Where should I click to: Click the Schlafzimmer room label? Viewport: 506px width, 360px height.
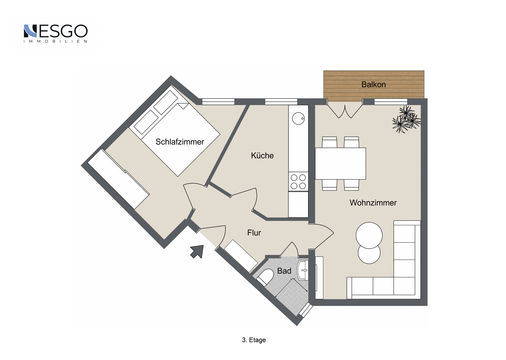point(180,142)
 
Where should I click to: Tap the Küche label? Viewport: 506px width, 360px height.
point(262,156)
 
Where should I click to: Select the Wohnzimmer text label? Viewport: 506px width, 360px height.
point(373,203)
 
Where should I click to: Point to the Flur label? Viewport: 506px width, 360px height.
point(254,233)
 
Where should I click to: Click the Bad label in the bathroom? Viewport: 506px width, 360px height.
point(284,271)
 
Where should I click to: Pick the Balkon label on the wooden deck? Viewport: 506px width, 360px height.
point(374,84)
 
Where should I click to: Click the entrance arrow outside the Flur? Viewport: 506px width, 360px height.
point(197,251)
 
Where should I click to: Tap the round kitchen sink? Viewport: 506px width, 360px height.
point(298,118)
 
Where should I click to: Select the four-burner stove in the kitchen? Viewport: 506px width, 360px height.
point(298,182)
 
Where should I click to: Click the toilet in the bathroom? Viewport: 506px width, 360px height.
point(266,277)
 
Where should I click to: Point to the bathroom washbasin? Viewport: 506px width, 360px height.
point(303,270)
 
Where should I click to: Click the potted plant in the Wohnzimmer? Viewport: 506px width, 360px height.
point(406,119)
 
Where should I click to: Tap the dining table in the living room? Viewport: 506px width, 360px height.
point(340,163)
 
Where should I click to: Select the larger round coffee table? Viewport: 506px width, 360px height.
point(369,235)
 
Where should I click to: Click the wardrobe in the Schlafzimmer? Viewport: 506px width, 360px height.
point(119,179)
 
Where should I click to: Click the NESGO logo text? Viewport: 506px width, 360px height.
point(56,31)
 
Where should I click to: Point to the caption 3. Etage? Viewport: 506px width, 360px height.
point(254,340)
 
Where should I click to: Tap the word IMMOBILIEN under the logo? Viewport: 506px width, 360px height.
point(56,41)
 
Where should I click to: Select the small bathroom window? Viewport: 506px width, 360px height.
point(306,310)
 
